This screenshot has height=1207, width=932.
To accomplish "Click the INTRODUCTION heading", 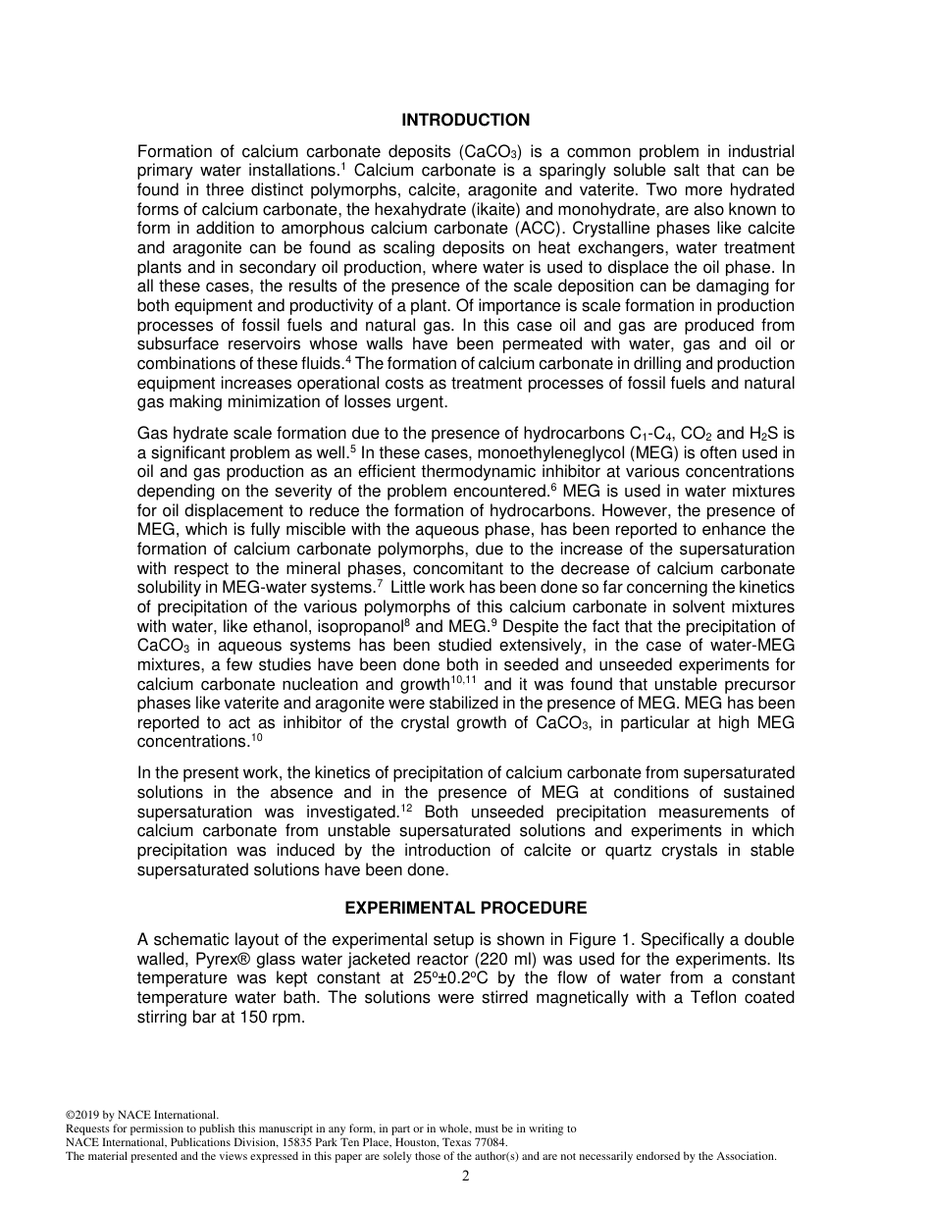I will coord(465,120).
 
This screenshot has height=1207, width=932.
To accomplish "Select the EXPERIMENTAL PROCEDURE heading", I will coord(466,908).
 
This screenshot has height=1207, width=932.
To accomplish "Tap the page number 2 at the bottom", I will coord(466,1177).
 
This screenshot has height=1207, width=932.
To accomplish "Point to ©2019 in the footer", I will coord(82,1115).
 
